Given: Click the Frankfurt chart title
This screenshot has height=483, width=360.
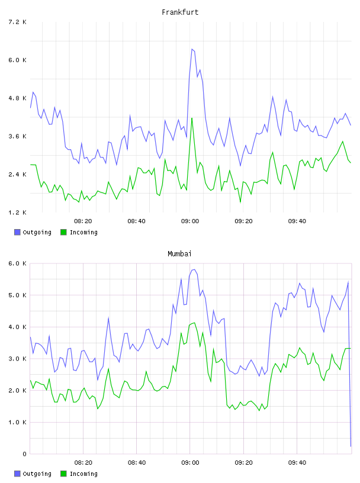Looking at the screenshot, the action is [x=180, y=12].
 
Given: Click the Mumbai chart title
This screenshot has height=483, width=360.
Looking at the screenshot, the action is [x=179, y=254].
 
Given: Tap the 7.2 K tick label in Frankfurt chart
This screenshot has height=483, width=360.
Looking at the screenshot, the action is [x=18, y=22].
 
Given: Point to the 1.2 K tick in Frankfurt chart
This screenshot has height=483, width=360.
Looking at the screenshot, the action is [x=18, y=212].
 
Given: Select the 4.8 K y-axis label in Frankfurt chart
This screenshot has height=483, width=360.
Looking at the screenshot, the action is [x=18, y=98].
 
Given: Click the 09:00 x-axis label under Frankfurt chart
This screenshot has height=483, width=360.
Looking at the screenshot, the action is [x=190, y=221].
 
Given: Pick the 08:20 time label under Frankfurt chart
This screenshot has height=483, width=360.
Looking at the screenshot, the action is [x=83, y=221].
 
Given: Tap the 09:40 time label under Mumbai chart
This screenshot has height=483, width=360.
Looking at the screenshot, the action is [x=297, y=463].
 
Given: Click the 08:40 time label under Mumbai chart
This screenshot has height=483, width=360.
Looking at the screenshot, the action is [x=137, y=463].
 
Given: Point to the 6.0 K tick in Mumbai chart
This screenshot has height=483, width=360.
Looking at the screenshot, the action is [x=18, y=263].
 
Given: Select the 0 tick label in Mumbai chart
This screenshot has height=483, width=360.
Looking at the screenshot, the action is [x=24, y=454].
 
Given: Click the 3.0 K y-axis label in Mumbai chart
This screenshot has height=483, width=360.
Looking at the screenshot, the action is [x=18, y=359].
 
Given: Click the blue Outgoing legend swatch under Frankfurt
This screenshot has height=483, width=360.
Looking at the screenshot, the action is [x=17, y=232].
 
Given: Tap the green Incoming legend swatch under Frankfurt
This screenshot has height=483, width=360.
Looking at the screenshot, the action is [x=63, y=232].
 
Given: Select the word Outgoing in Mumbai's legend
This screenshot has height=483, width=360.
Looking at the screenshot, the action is [x=37, y=474].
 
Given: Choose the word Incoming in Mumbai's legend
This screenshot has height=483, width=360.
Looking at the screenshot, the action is [x=83, y=474].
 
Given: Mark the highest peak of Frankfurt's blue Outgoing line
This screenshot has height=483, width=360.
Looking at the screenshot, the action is [x=192, y=49].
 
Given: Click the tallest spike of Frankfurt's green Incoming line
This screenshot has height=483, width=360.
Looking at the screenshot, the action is [x=192, y=118].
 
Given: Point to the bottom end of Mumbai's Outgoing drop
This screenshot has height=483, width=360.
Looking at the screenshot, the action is [x=351, y=446].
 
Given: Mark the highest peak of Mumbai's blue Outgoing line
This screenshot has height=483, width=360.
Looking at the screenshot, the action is [x=194, y=269].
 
